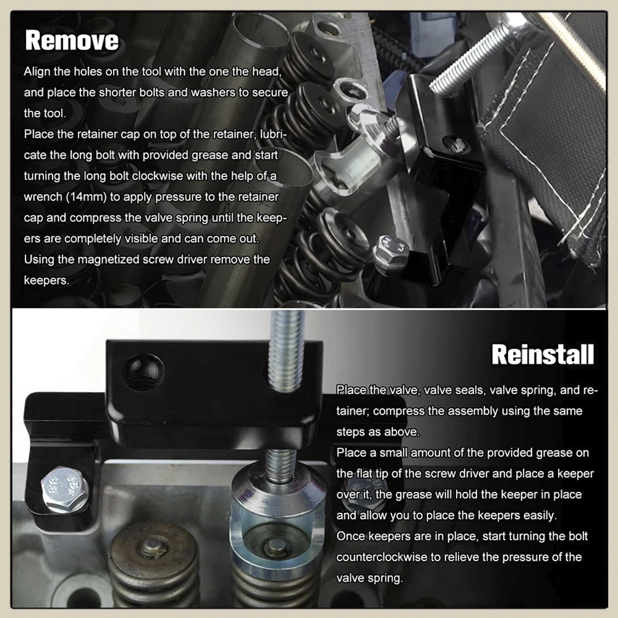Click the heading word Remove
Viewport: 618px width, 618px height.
click(x=72, y=40)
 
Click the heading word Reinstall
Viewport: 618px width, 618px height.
click(x=543, y=354)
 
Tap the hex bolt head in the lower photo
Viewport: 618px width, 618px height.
click(x=65, y=489)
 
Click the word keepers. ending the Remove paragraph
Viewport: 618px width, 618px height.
click(x=46, y=281)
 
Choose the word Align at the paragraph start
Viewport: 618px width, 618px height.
click(x=37, y=72)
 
